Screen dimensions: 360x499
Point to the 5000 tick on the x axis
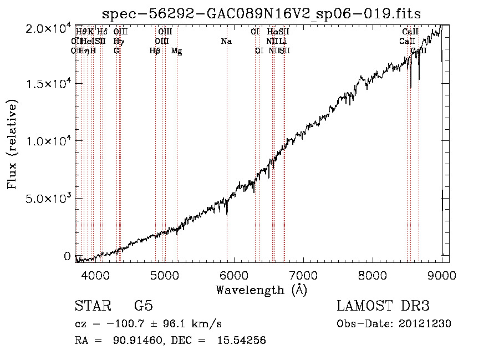pyautogui.click(x=164, y=275)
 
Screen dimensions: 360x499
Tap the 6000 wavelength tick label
pyautogui.click(x=233, y=275)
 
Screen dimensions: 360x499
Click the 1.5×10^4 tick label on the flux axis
pyautogui.click(x=48, y=84)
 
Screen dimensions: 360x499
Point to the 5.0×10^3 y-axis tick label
pyautogui.click(x=48, y=199)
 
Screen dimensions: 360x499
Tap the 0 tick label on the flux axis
pyautogui.click(x=67, y=256)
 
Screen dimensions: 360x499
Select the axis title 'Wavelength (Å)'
pyautogui.click(x=262, y=290)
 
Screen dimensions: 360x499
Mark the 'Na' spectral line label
pyautogui.click(x=226, y=42)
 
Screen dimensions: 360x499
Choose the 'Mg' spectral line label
pyautogui.click(x=176, y=51)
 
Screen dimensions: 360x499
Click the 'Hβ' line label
pyautogui.click(x=155, y=51)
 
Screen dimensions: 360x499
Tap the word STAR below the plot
pyautogui.click(x=93, y=306)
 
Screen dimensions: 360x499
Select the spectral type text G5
pyautogui.click(x=143, y=306)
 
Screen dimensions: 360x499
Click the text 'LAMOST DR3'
pyautogui.click(x=383, y=306)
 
